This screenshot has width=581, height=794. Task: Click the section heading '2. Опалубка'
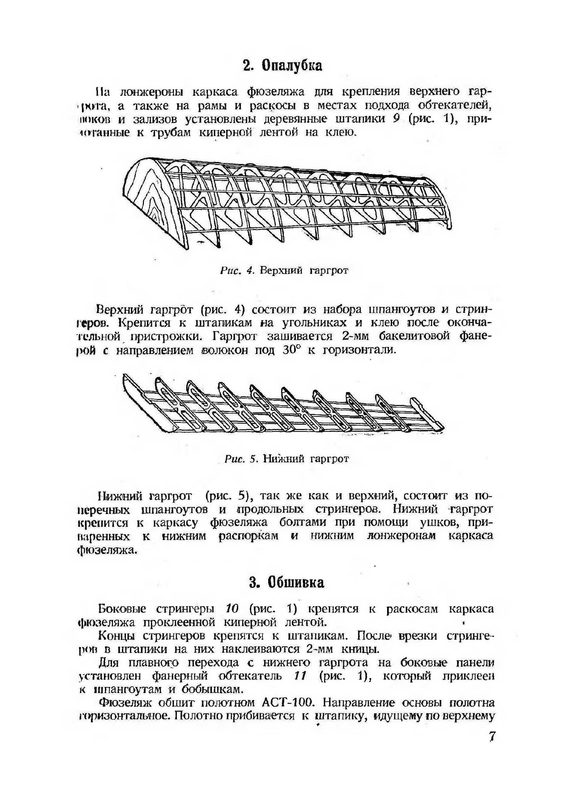[x=282, y=66]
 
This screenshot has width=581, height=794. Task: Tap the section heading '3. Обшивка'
[x=286, y=583]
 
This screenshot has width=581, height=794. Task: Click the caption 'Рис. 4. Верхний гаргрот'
[x=284, y=270]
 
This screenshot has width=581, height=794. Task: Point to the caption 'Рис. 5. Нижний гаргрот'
[x=286, y=459]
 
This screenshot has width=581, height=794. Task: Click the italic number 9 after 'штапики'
[x=396, y=119]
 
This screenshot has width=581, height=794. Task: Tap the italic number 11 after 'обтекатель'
[x=300, y=676]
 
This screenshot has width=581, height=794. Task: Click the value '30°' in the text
[x=290, y=350]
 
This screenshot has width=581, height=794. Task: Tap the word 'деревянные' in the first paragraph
[x=295, y=119]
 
